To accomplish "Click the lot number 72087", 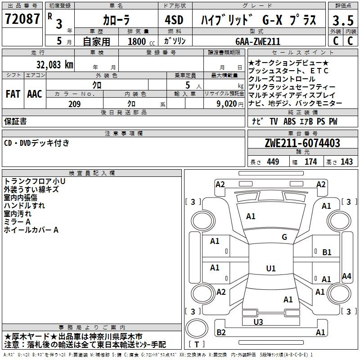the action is (x=22, y=18).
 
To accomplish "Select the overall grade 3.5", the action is (x=343, y=20).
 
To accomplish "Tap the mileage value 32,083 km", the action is (x=54, y=65).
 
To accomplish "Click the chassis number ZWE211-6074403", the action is (x=302, y=143).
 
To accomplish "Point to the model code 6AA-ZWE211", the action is (x=258, y=41).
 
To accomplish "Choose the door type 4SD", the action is (x=174, y=20).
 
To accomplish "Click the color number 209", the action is (x=75, y=104).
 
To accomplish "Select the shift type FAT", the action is (x=13, y=94).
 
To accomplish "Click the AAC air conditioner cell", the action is (x=35, y=94).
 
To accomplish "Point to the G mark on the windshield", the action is (x=284, y=237).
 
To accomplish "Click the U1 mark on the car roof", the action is (x=271, y=268).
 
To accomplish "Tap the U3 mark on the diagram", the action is (x=258, y=322).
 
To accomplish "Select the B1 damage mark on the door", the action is (x=327, y=252).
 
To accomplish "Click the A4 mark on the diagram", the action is (x=346, y=276).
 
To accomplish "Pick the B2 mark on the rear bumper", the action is (x=221, y=332).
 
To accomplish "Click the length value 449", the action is (x=273, y=162).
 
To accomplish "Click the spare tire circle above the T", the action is (x=197, y=328).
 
